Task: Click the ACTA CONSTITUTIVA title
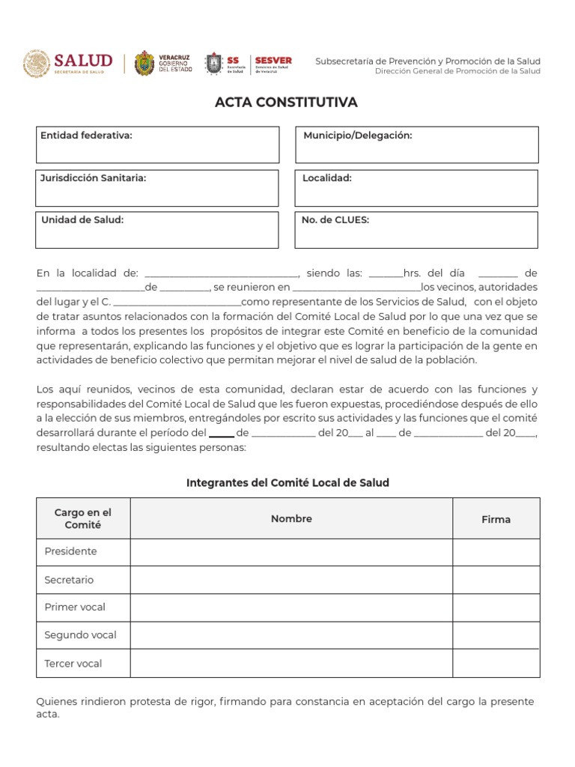pos(287,102)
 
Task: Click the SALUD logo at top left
pos(68,63)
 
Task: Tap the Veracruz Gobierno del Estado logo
pos(162,63)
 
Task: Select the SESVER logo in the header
pos(273,63)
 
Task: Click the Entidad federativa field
pos(157,145)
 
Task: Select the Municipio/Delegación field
pos(416,145)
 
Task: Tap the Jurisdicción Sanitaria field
pos(157,188)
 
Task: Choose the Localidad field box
pos(416,188)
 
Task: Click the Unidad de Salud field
pos(157,230)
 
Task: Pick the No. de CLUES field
pos(416,230)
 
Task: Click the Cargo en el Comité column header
pos(83,518)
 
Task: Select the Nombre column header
pos(291,518)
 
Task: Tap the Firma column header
pos(496,519)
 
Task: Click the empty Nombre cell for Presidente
pos(291,552)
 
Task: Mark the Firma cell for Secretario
pos(496,580)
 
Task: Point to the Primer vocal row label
pos(75,607)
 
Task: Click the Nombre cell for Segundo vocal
pos(291,635)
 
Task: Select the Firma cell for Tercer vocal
pos(496,664)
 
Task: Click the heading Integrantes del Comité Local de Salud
pos(287,483)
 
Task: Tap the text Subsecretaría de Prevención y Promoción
pos(427,61)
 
